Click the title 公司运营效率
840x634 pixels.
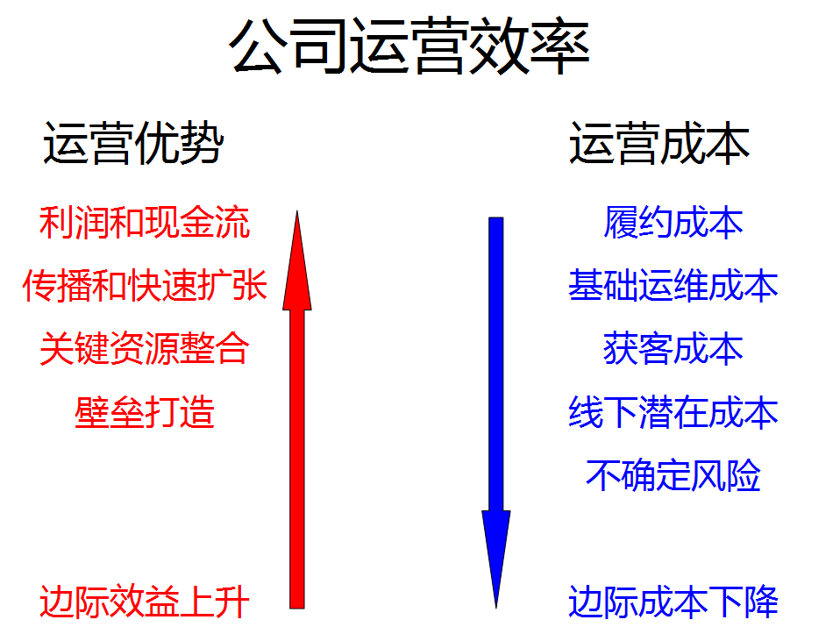tap(409, 46)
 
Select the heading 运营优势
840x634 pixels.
tap(133, 143)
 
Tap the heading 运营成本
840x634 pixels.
tap(658, 143)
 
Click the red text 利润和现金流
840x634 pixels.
tap(145, 222)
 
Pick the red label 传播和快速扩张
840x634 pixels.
tap(145, 285)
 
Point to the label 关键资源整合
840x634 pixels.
tap(145, 348)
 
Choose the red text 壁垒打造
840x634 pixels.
tap(145, 411)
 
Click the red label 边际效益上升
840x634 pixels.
tap(145, 602)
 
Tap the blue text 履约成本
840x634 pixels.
tap(673, 222)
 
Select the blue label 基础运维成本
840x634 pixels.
tap(673, 285)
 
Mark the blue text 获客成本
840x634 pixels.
tap(673, 348)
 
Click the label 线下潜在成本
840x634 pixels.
tap(673, 411)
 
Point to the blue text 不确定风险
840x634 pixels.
tap(673, 474)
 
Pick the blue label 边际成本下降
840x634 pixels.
tap(673, 602)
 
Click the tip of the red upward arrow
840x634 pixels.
tap(296, 211)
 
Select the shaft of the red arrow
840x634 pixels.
tap(296, 459)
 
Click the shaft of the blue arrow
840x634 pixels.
tap(496, 365)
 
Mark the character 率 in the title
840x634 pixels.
tap(560, 46)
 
